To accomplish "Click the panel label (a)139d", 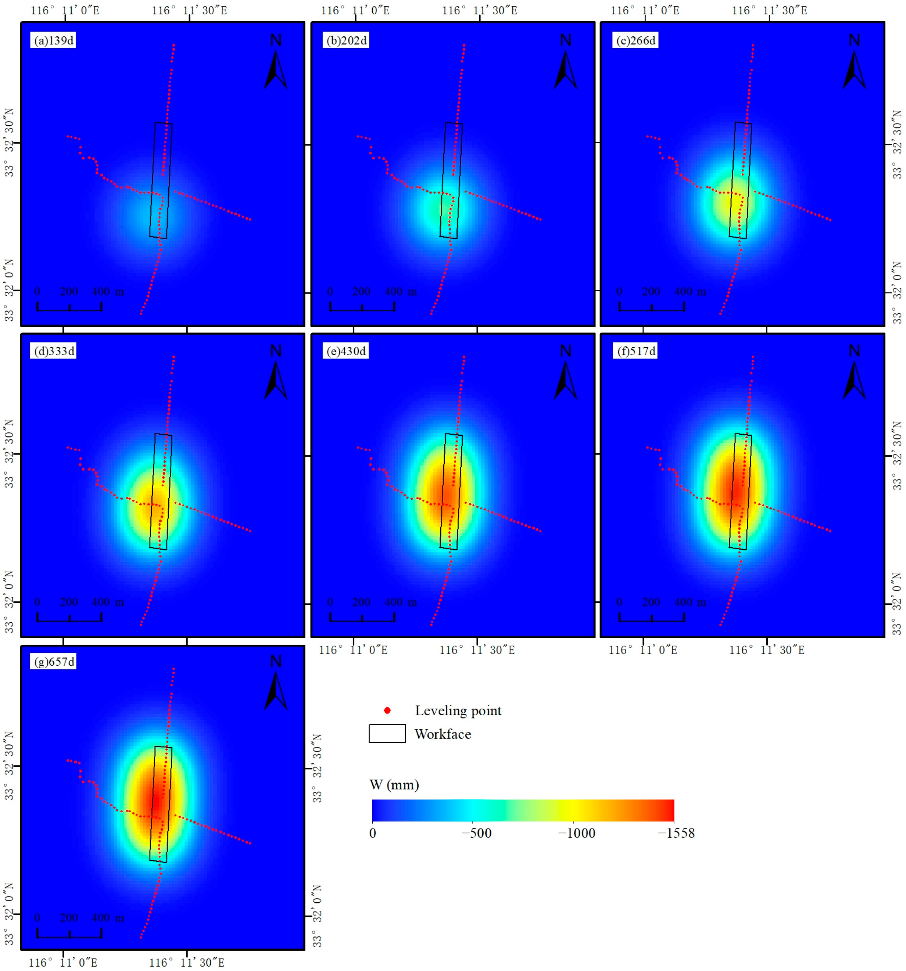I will [x=53, y=40].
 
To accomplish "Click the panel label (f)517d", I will [x=636, y=351].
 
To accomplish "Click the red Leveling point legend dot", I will [x=387, y=710].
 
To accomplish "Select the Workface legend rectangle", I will [x=387, y=733].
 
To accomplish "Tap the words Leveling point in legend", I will [x=458, y=711].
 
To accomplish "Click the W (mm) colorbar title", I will [x=394, y=785].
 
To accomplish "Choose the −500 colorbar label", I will [x=476, y=833].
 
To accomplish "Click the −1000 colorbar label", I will [x=577, y=833].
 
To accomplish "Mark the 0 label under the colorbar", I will [x=373, y=833].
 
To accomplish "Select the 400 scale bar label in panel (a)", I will [x=101, y=292].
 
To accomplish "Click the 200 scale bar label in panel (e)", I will [x=361, y=602].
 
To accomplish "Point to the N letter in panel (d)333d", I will [x=276, y=351].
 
